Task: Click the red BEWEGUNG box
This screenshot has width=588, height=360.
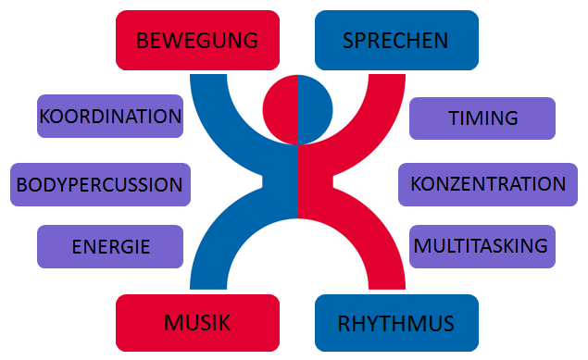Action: (197, 40)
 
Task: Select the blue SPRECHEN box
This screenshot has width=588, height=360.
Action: (396, 40)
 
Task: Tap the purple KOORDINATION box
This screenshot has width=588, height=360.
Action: (110, 116)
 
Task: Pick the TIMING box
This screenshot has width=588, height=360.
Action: (482, 118)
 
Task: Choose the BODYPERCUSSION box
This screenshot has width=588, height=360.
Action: (101, 185)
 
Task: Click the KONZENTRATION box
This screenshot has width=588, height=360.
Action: (488, 185)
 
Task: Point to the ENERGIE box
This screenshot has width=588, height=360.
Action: (110, 246)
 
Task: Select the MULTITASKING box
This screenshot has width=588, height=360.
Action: (482, 246)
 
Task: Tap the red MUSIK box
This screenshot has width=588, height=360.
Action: (197, 323)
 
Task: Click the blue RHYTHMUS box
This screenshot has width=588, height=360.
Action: (396, 323)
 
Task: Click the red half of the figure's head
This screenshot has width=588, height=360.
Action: (281, 110)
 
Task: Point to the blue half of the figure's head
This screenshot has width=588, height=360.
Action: (315, 110)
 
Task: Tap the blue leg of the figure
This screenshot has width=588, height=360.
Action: (225, 232)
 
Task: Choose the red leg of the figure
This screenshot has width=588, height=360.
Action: (371, 232)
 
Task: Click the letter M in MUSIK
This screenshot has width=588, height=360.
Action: (174, 323)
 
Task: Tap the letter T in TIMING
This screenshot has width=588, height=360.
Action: (455, 118)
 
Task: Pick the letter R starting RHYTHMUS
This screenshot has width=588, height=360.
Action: (344, 324)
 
